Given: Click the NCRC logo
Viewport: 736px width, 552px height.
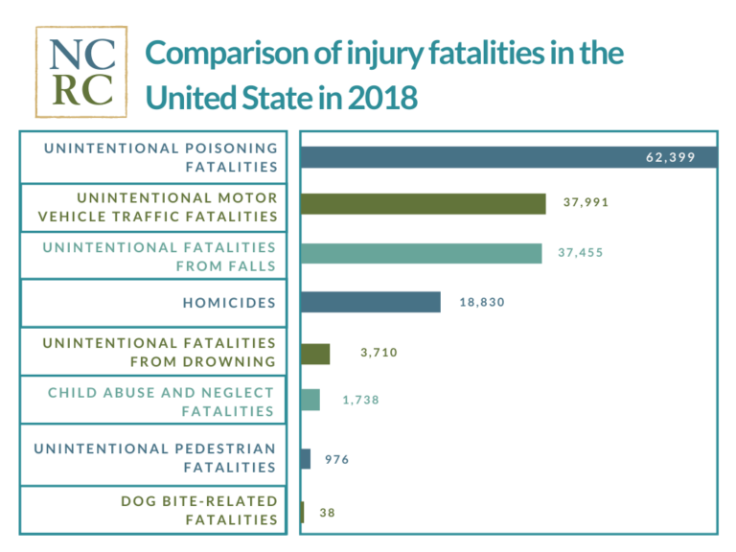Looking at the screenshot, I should (x=80, y=71).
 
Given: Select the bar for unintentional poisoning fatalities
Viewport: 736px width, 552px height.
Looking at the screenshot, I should (x=508, y=157).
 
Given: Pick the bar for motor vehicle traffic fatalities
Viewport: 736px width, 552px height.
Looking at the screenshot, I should (x=424, y=203).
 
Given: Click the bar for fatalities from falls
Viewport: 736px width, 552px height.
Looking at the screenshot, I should (x=422, y=253).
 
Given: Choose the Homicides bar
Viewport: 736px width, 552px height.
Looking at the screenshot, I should (x=371, y=302).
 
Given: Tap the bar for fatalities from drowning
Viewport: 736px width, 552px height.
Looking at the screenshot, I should (x=315, y=353).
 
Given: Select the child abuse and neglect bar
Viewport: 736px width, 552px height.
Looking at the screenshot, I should (x=310, y=401).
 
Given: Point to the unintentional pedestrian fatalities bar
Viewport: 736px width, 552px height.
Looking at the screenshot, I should (x=306, y=459).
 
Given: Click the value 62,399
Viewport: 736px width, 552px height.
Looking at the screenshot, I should (x=670, y=157).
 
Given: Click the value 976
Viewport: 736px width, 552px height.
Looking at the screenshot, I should (x=336, y=459).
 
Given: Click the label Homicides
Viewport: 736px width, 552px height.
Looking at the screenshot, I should (x=229, y=303).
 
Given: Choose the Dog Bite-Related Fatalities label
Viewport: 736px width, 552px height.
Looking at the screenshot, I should (x=198, y=510).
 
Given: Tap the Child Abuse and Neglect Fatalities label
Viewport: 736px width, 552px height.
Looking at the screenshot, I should (x=161, y=402).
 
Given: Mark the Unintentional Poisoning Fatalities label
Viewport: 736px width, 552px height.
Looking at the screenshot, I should (x=160, y=157).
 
